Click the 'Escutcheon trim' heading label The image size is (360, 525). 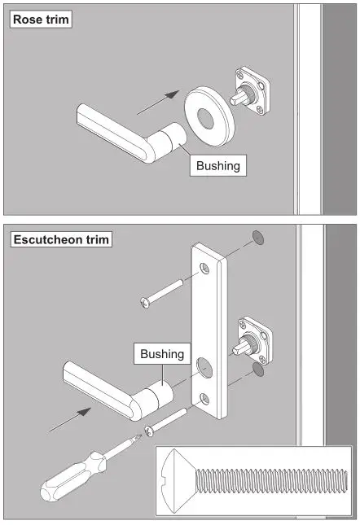pyautogui.click(x=60, y=239)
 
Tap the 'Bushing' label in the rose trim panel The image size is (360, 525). pyautogui.click(x=218, y=166)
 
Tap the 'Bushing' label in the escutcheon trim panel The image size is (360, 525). pyautogui.click(x=162, y=355)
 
